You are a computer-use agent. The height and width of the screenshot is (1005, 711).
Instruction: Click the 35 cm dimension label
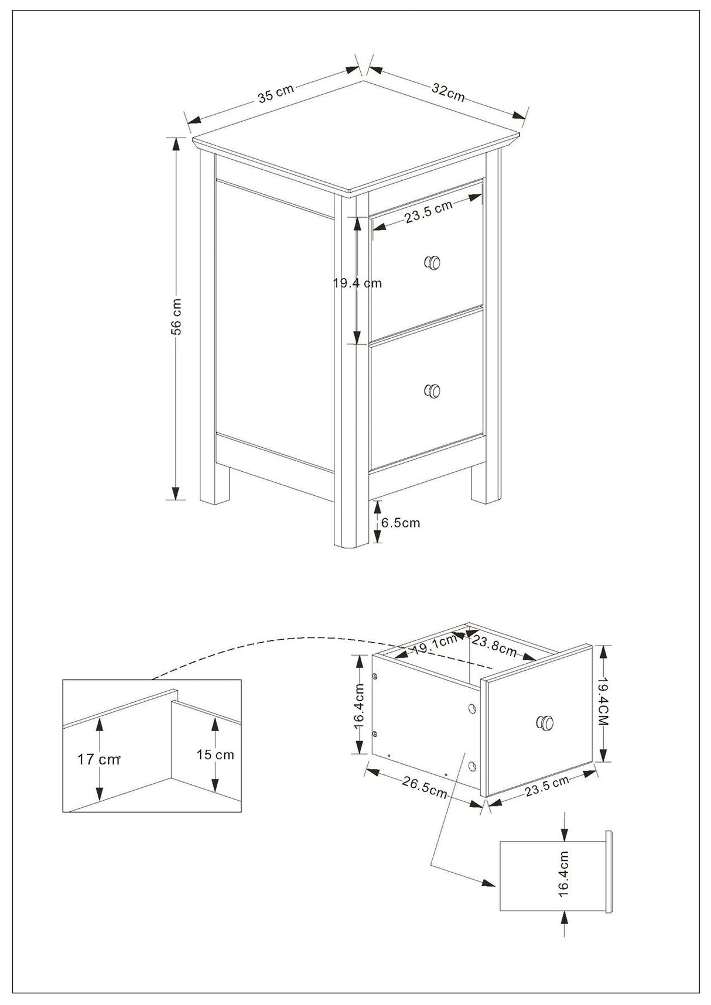click(x=275, y=93)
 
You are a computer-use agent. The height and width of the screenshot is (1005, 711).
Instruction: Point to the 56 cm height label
click(x=176, y=317)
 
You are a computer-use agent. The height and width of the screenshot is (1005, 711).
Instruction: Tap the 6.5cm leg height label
click(x=401, y=523)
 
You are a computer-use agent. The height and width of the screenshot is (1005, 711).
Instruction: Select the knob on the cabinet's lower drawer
click(x=432, y=391)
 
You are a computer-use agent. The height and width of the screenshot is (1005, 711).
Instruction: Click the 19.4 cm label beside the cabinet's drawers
click(x=357, y=283)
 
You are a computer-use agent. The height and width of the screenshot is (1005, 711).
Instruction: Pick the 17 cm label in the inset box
click(x=98, y=760)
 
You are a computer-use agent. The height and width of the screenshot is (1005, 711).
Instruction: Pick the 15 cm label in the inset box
click(x=215, y=755)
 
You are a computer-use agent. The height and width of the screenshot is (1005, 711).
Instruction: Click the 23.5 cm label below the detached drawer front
click(x=546, y=787)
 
